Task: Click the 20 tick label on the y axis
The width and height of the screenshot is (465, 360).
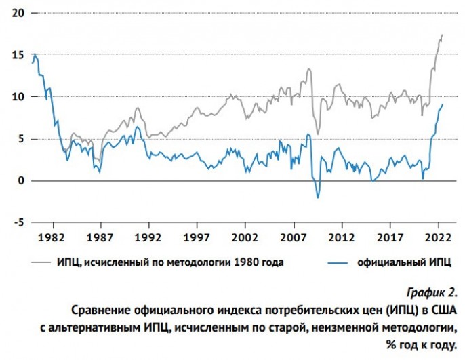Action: coord(16,14)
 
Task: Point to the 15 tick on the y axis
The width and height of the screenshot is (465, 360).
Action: coord(16,56)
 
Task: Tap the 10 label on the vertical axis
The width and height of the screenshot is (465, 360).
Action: coord(16,97)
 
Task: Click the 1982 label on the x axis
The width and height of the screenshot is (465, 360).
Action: coord(52,238)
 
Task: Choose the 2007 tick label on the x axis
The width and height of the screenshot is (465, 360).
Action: coord(294,238)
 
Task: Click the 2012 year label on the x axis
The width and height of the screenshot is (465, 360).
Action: coord(342,238)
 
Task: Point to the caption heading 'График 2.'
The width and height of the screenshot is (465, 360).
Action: coord(431,293)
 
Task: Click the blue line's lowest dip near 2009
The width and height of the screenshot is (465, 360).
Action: coord(317,197)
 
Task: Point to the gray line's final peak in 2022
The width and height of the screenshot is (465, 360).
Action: coord(442,35)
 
